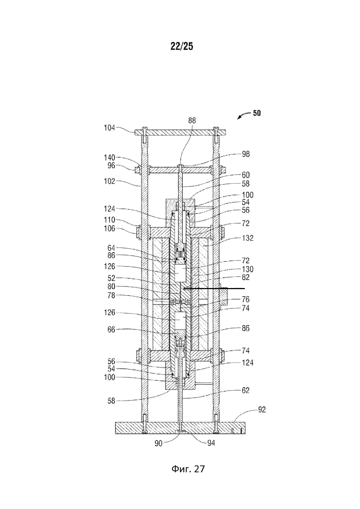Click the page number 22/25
[182, 46]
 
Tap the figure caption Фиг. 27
[188, 468]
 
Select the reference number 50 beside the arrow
[257, 114]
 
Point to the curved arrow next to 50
[243, 116]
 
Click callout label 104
[109, 128]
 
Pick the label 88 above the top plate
[192, 121]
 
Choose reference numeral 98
[246, 154]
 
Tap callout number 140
[109, 157]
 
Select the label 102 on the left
[109, 181]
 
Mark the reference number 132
[247, 238]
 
